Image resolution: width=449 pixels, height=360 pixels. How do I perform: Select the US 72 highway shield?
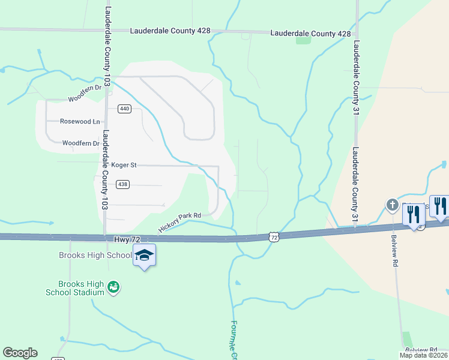(274, 238)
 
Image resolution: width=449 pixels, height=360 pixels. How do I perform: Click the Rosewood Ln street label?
(80, 121)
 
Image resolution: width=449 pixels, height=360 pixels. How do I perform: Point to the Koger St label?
(124, 164)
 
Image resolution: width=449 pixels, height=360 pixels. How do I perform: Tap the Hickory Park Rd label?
(179, 221)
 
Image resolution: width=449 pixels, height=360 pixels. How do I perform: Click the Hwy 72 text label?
(121, 239)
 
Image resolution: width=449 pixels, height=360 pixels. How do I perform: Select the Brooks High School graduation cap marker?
(144, 256)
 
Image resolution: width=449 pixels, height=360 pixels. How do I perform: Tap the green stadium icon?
(113, 288)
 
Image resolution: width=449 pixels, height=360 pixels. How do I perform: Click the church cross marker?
(392, 206)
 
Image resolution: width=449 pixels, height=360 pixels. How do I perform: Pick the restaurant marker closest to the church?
(414, 214)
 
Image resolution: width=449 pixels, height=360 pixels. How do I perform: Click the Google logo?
(20, 353)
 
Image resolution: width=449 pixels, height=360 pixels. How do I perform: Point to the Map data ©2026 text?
(424, 355)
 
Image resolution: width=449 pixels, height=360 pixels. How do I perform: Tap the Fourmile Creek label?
(234, 339)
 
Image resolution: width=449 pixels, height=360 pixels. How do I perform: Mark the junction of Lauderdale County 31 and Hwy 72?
(355, 227)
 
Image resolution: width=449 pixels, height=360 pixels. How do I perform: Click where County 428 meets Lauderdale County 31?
(357, 33)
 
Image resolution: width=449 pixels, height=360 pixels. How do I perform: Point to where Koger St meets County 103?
(105, 164)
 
